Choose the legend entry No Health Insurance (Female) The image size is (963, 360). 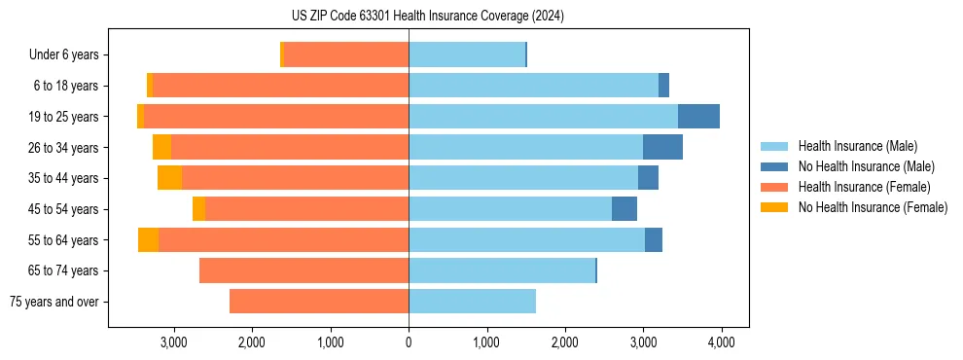tap(873, 207)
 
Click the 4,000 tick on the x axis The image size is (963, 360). tap(721, 342)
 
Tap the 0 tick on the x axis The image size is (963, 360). tap(409, 342)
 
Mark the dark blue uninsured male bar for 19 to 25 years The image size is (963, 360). tap(698, 117)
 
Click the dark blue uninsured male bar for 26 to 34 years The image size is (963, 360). tap(662, 147)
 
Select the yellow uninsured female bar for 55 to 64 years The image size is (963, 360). tap(148, 239)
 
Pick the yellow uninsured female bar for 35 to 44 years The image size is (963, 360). tap(169, 178)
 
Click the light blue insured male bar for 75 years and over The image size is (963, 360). tap(472, 302)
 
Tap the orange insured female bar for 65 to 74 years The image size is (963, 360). tap(303, 270)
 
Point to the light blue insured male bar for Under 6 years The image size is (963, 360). tap(467, 55)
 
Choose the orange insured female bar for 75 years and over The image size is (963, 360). tap(319, 302)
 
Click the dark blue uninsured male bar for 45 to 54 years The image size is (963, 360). tap(624, 209)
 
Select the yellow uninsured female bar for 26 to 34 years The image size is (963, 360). tap(161, 147)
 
